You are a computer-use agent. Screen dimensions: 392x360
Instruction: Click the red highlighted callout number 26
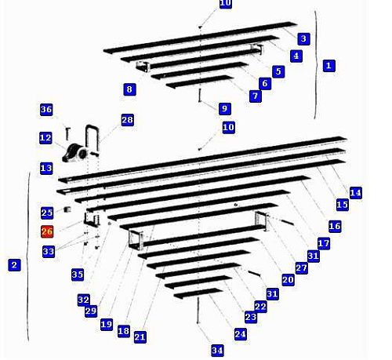47,231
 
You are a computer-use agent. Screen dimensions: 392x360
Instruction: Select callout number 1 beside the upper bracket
329,65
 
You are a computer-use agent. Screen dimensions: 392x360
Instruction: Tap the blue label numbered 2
14,264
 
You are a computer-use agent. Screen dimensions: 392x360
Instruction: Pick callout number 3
303,38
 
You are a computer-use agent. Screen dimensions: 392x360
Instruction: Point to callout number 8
129,89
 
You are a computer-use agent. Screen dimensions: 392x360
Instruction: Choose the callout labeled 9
225,108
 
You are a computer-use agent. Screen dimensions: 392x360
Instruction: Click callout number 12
45,138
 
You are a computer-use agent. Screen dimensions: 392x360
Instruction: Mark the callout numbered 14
356,193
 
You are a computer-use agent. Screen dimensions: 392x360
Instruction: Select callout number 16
335,226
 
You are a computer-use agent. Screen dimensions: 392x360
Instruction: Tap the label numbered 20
289,280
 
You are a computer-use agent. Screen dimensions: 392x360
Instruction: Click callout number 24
241,334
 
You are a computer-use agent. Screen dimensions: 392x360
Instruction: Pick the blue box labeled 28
128,120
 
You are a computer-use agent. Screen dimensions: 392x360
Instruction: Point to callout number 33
49,252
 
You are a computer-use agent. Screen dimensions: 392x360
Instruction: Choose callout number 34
217,351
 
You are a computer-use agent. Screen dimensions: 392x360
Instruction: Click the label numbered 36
46,109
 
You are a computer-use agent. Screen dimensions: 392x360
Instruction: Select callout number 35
78,275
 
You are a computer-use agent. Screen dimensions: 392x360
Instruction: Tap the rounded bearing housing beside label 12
75,153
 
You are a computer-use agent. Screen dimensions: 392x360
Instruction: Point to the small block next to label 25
67,209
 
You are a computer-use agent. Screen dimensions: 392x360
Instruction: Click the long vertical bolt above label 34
198,311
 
